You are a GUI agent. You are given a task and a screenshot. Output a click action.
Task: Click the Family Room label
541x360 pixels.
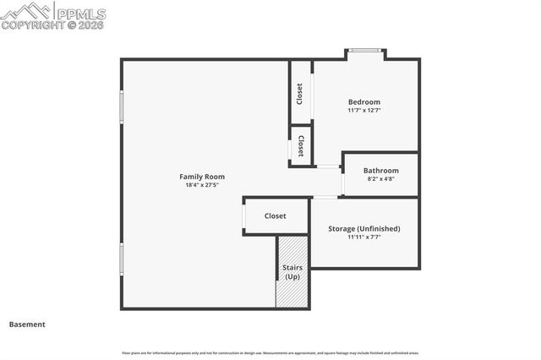(202, 177)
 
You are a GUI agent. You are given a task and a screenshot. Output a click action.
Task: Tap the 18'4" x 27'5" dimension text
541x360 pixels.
(202, 185)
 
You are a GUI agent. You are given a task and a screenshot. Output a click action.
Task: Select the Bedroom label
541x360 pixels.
(364, 102)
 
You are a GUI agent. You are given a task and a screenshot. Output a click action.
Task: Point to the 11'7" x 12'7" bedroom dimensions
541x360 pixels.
(364, 111)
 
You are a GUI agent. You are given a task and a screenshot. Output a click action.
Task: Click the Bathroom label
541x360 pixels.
(380, 171)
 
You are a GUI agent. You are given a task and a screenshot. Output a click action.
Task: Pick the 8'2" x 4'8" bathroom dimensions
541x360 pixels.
(380, 179)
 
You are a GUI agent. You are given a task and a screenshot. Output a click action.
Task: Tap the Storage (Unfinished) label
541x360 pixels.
(363, 229)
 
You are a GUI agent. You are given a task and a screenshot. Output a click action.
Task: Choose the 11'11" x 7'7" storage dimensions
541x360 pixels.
(363, 237)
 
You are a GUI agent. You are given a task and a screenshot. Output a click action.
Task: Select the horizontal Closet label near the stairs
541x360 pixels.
(276, 216)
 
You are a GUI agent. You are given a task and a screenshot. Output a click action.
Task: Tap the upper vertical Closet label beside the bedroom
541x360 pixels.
(300, 93)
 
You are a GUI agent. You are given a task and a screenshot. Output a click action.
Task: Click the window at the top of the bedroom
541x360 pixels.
(365, 52)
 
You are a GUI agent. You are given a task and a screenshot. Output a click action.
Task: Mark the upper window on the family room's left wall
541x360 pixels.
(122, 107)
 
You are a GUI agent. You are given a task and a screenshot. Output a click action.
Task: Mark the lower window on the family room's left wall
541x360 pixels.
(122, 259)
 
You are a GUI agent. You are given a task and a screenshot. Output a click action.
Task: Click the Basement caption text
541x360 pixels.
(27, 325)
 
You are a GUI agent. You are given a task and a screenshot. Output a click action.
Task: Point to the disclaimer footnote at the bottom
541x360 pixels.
(270, 353)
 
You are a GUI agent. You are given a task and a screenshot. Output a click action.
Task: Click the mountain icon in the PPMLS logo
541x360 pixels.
(25, 11)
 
